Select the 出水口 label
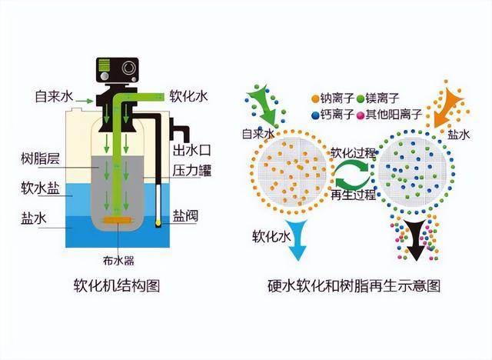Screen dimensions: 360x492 coord(192,149)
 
